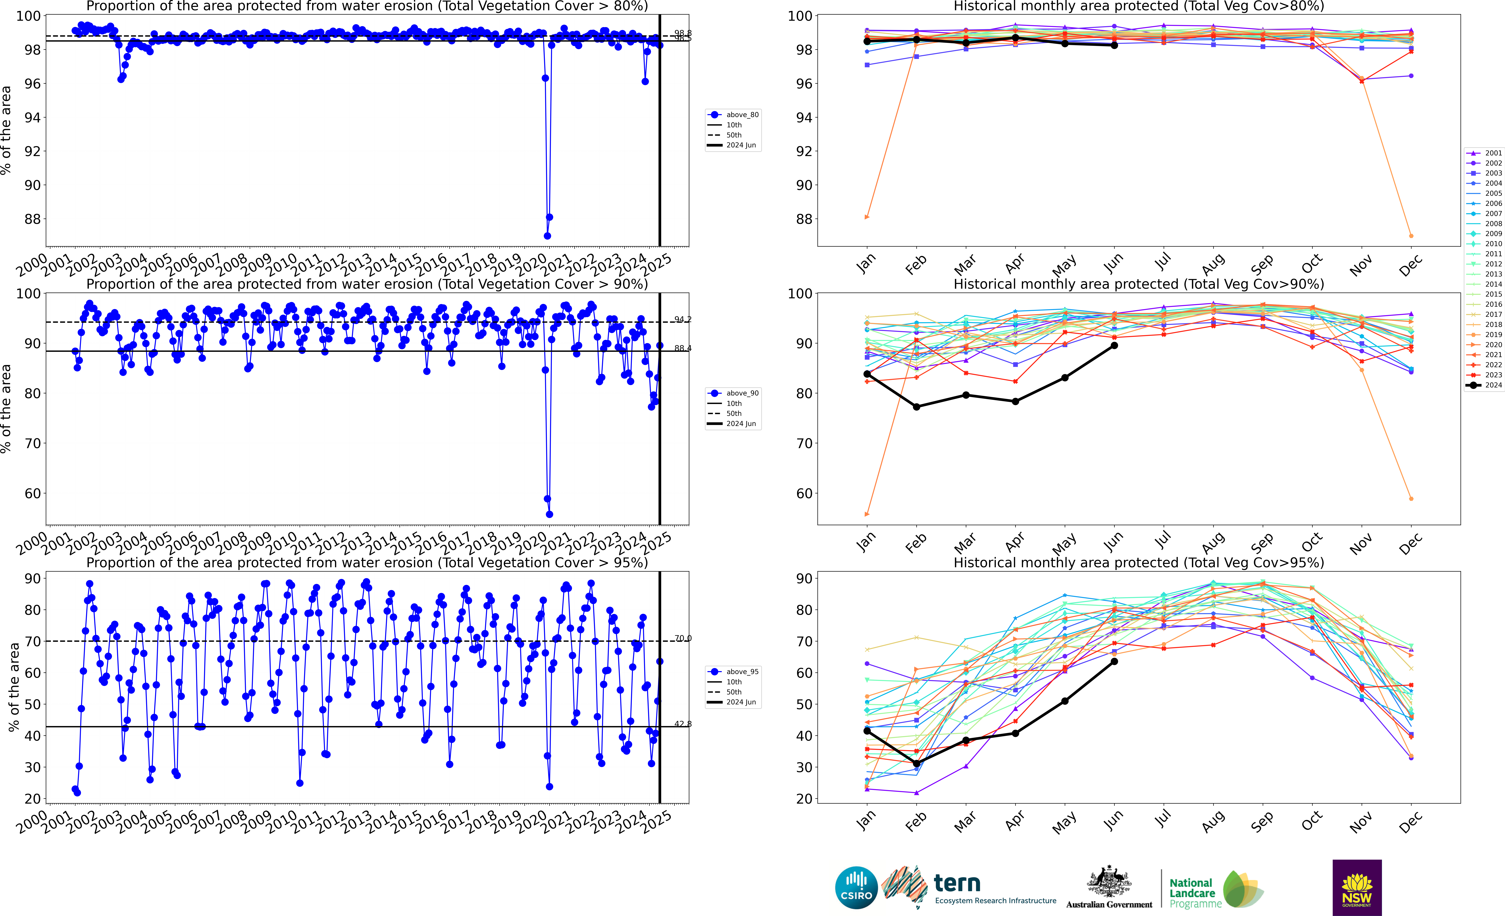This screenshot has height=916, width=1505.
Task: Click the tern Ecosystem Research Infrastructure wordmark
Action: (994, 889)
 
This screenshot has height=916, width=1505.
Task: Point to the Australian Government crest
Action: (1109, 882)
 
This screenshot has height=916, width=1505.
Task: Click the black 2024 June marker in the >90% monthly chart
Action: (1114, 346)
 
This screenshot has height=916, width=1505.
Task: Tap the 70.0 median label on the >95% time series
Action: (683, 638)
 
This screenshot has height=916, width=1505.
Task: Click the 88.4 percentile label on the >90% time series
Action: (683, 348)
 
